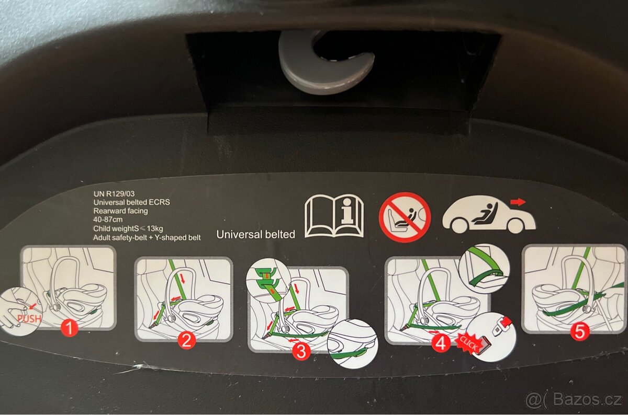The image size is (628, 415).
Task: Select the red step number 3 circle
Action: click(301, 351)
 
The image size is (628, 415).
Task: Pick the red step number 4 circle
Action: click(441, 342)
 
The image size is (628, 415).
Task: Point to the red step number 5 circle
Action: click(580, 331)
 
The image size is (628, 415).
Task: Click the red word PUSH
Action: click(29, 319)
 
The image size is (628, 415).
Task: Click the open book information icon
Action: click(334, 216)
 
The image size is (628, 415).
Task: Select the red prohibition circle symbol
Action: click(405, 217)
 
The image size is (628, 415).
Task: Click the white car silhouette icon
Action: click(489, 216)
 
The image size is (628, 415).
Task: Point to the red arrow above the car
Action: click(518, 202)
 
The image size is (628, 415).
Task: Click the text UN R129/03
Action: click(114, 193)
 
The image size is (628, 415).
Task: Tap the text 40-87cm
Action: click(108, 220)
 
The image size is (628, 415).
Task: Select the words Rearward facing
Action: click(120, 211)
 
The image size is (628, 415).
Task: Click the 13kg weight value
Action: click(154, 228)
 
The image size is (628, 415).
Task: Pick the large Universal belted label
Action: click(256, 234)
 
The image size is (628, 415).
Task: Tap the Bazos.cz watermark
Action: click(574, 400)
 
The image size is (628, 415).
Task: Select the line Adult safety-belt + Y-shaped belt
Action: click(147, 238)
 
